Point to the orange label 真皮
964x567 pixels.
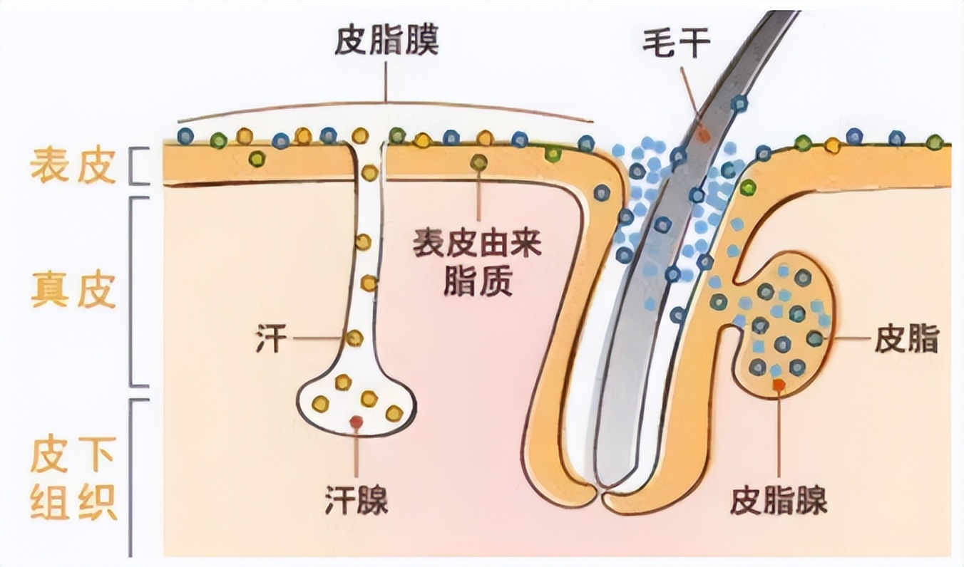tap(72, 292)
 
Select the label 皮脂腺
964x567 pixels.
tap(779, 501)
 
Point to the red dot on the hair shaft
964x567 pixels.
tap(704, 133)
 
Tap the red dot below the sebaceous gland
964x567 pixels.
tap(779, 385)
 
